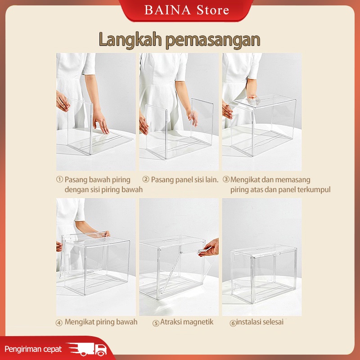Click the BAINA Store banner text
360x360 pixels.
click(187, 10)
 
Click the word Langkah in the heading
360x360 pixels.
click(130, 40)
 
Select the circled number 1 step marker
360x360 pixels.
click(59, 179)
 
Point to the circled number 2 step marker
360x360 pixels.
click(146, 179)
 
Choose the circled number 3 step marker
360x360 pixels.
click(226, 179)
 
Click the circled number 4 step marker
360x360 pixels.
click(59, 323)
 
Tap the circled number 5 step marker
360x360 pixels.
click(156, 323)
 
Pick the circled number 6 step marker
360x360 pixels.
click(233, 323)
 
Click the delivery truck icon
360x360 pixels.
click(87, 349)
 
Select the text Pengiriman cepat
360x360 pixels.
click(33, 349)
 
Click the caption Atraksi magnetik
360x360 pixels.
click(187, 322)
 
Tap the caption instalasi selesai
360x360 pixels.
click(260, 322)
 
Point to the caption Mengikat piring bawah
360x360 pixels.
click(101, 322)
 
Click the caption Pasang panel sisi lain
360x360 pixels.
click(184, 180)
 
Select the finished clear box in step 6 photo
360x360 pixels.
click(264, 274)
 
